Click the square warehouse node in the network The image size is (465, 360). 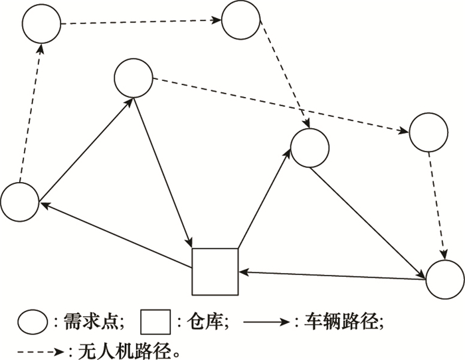[215, 271]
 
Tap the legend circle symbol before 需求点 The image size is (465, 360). [32, 323]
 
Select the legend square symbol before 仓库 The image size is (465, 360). [157, 323]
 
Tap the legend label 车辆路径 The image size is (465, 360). [346, 323]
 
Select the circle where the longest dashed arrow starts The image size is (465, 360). [134, 78]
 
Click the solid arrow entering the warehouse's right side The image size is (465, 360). [332, 276]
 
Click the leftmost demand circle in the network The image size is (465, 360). [20, 201]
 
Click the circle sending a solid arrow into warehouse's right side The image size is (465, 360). [444, 281]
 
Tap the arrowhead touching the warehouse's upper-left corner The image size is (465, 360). [191, 245]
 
